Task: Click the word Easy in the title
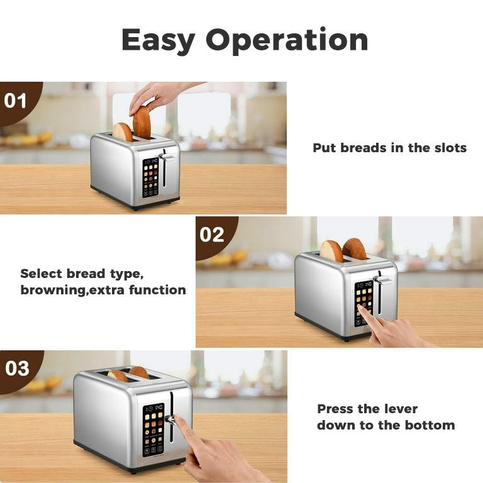coord(158,40)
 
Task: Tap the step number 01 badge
coord(16,101)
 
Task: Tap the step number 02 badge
coord(212,235)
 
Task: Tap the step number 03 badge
coord(17,368)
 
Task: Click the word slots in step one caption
coord(449,148)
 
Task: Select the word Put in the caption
coord(325,148)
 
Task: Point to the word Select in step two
coord(41,274)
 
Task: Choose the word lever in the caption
coord(400,409)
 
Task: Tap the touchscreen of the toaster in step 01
coord(150,177)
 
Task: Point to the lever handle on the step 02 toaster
coord(382,280)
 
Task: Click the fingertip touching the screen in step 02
coord(362,308)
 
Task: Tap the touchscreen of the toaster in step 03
coord(153,429)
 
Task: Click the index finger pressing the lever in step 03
coord(179,423)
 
